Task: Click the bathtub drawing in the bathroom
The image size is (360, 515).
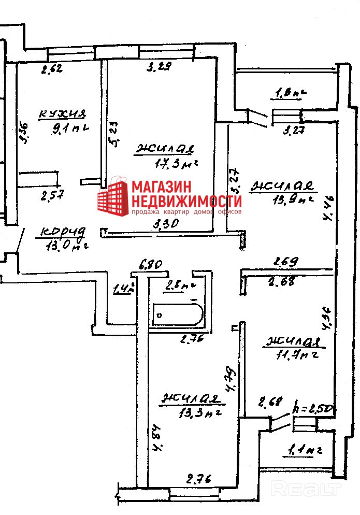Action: click(x=178, y=314)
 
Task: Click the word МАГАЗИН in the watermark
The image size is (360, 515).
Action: click(x=161, y=187)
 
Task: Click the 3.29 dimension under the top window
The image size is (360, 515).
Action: click(x=159, y=66)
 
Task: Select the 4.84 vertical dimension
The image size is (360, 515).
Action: click(x=154, y=438)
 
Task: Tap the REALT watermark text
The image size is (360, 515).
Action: click(x=307, y=488)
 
